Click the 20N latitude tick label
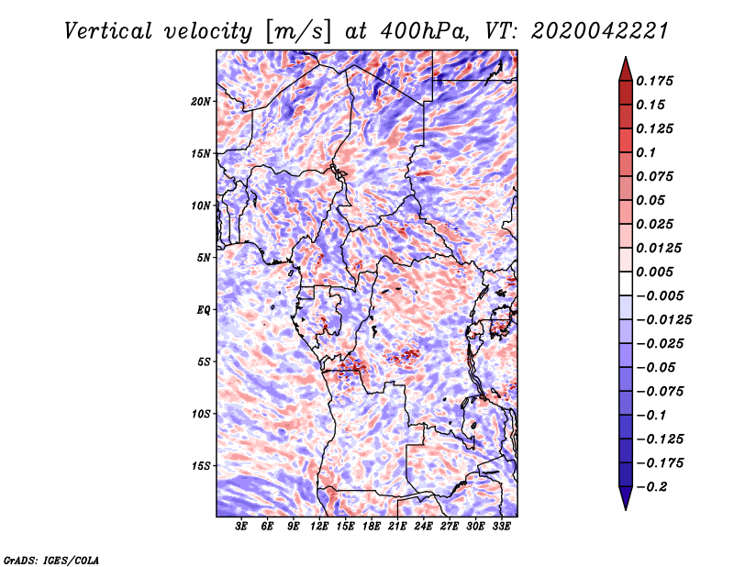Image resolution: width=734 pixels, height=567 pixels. pyautogui.click(x=201, y=101)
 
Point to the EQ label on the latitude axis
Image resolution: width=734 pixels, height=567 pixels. pyautogui.click(x=204, y=309)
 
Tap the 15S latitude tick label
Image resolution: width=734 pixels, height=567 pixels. pyautogui.click(x=201, y=465)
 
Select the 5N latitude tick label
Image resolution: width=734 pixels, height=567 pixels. pyautogui.click(x=204, y=257)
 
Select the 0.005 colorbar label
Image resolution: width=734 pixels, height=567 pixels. pyautogui.click(x=657, y=272)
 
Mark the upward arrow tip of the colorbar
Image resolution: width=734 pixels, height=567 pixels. pyautogui.click(x=624, y=59)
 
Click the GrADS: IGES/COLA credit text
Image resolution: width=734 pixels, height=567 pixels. pyautogui.click(x=50, y=559)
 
